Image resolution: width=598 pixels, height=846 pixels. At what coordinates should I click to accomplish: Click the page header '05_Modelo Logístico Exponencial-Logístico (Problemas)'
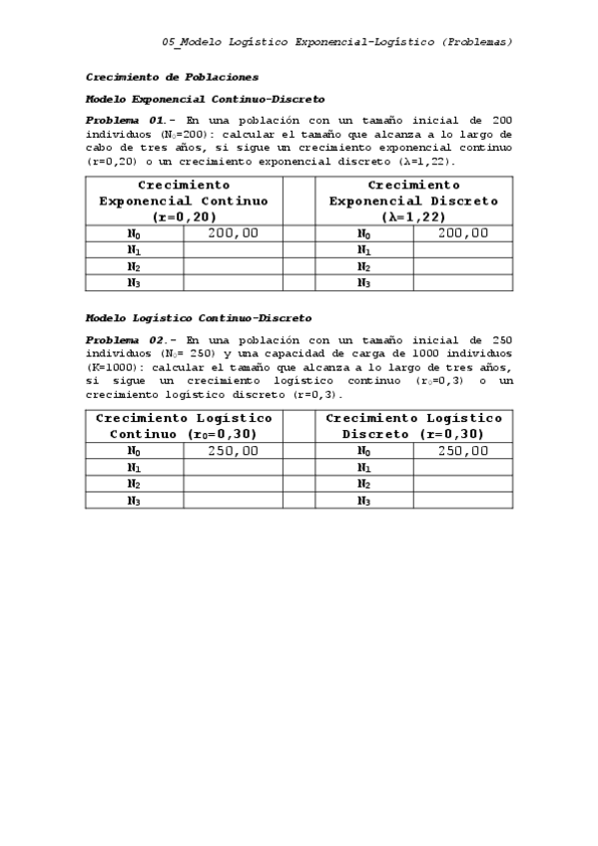337,42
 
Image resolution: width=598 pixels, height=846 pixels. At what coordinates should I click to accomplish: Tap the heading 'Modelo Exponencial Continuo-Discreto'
205,100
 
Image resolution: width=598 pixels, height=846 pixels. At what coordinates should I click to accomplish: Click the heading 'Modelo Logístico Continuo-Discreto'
199,318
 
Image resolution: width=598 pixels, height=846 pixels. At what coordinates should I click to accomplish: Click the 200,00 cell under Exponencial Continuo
233,233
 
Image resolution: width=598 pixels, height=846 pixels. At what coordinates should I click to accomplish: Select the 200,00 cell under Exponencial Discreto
463,233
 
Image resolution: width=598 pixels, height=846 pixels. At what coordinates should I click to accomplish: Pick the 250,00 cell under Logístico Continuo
233,451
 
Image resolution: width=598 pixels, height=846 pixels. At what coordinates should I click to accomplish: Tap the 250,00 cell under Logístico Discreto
463,451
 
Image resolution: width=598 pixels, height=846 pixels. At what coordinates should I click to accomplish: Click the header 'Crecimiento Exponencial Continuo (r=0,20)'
184,201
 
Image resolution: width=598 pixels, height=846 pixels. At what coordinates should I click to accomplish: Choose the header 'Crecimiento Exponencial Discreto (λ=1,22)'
414,201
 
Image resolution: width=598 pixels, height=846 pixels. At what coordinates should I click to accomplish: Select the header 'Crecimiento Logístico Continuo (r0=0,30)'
184,426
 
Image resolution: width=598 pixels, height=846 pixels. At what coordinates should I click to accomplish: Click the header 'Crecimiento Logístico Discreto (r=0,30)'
414,426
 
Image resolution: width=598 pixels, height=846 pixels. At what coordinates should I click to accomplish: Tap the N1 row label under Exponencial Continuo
134,250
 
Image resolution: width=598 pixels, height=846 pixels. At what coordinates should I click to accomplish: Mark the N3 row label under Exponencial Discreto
364,283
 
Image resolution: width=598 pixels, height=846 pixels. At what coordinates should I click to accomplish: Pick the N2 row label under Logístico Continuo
134,484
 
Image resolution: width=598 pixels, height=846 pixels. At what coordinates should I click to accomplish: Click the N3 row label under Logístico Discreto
364,501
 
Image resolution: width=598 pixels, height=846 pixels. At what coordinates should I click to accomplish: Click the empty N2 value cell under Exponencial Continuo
233,266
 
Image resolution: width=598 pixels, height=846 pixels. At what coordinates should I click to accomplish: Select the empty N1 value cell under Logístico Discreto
463,467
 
